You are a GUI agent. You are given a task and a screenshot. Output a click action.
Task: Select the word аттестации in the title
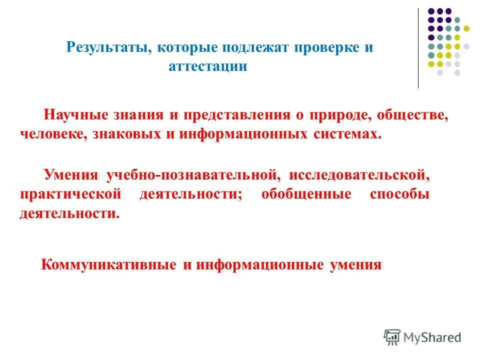tap(208, 66)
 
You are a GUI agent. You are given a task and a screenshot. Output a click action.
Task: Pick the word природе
tap(340, 115)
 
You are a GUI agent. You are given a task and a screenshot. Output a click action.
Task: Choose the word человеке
tap(52, 134)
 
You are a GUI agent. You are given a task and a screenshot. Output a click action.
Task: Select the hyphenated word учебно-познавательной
tap(191, 175)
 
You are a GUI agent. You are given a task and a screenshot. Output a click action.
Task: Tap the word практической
tap(70, 194)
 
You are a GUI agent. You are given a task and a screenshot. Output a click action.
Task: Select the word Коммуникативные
tap(108, 264)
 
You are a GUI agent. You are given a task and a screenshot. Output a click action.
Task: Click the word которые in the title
tap(183, 48)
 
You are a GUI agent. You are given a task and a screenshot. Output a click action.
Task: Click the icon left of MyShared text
tap(392, 337)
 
